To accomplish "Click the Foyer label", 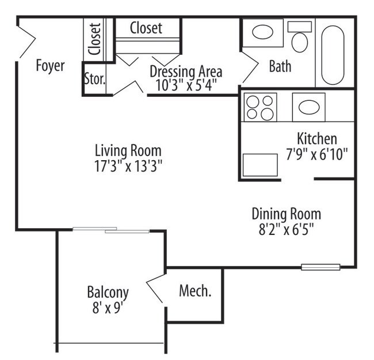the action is click(50, 66).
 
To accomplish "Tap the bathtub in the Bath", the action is click(333, 55).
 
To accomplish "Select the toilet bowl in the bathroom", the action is click(300, 42).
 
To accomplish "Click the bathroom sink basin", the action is click(262, 32).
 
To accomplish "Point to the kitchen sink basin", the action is click(309, 107).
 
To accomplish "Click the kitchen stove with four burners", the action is click(260, 107).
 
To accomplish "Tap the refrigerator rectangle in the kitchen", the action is click(260, 165).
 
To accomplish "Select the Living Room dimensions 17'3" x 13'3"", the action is click(128, 166).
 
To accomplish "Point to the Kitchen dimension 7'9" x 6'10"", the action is click(317, 154).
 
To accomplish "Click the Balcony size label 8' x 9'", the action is click(108, 307).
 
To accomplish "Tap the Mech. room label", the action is click(195, 291).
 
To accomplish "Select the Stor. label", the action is click(95, 79).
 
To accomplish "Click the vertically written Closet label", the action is click(94, 39).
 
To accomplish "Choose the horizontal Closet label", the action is click(146, 28).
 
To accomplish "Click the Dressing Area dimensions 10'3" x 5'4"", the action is click(186, 85).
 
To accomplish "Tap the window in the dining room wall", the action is click(320, 267).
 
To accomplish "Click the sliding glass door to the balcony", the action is click(111, 230).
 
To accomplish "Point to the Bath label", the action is click(280, 66).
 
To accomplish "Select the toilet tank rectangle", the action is click(300, 26).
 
